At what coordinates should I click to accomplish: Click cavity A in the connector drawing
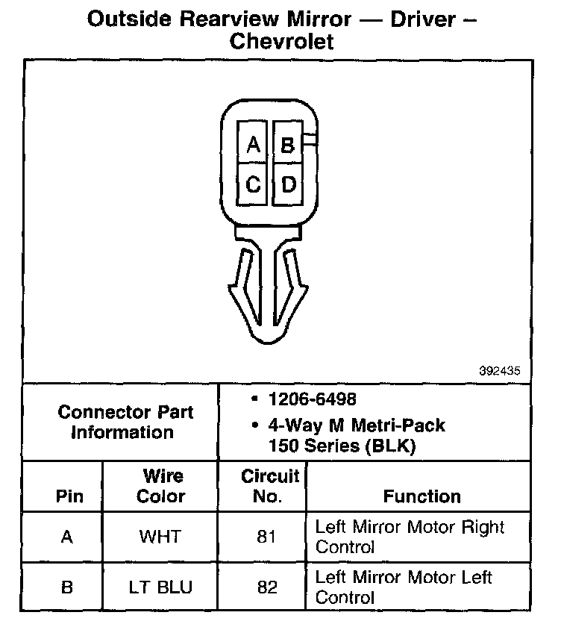coord(254,144)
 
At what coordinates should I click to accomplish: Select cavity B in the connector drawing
coord(288,144)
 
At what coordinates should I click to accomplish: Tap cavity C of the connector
coord(254,184)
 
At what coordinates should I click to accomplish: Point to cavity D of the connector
coord(288,184)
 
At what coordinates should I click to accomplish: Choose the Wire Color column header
coord(160,486)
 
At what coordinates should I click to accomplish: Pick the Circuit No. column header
coord(269,486)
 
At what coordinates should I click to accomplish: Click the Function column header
coord(421,496)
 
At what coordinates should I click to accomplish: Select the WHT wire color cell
coord(160,537)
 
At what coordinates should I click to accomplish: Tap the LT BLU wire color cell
coord(160,587)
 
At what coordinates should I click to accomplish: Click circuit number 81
coord(268,537)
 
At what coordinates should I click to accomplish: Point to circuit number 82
coord(268,587)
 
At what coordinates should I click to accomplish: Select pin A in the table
coord(66,537)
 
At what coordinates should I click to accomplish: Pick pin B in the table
coord(66,587)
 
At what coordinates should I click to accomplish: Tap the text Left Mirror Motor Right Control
coord(410,537)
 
